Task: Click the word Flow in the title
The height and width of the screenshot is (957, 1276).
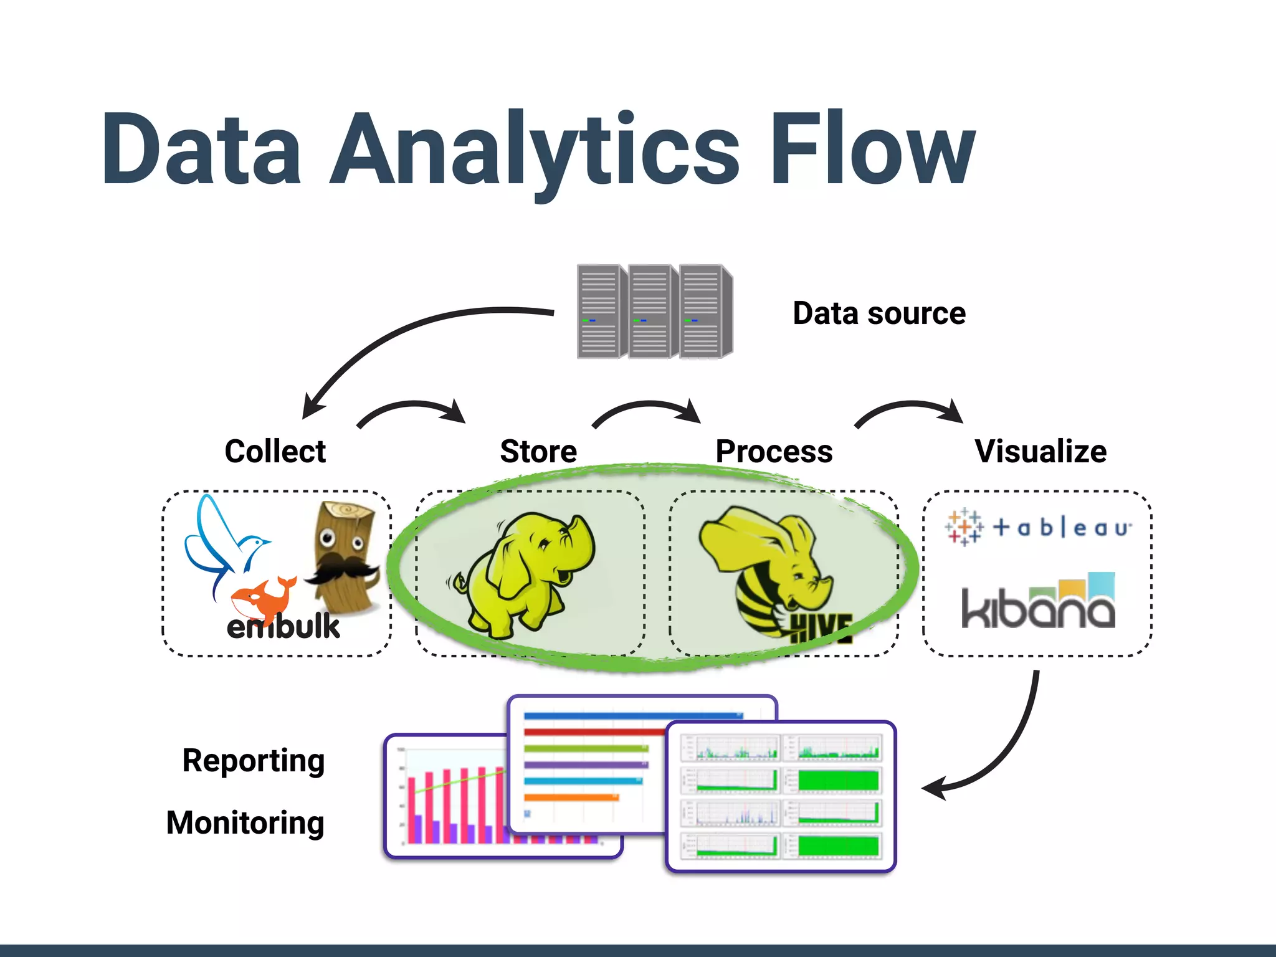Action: tap(872, 150)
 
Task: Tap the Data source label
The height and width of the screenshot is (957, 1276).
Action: tap(878, 313)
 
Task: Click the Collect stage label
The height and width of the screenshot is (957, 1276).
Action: tap(275, 451)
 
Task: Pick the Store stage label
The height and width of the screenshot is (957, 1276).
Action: tap(538, 451)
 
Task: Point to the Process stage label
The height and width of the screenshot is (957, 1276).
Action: tap(774, 451)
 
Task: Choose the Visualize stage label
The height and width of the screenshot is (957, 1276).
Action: tap(1040, 451)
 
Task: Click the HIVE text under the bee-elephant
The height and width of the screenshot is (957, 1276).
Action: tap(821, 628)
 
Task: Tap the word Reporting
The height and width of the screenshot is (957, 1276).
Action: tap(254, 760)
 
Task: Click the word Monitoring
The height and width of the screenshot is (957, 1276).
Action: tap(245, 822)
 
